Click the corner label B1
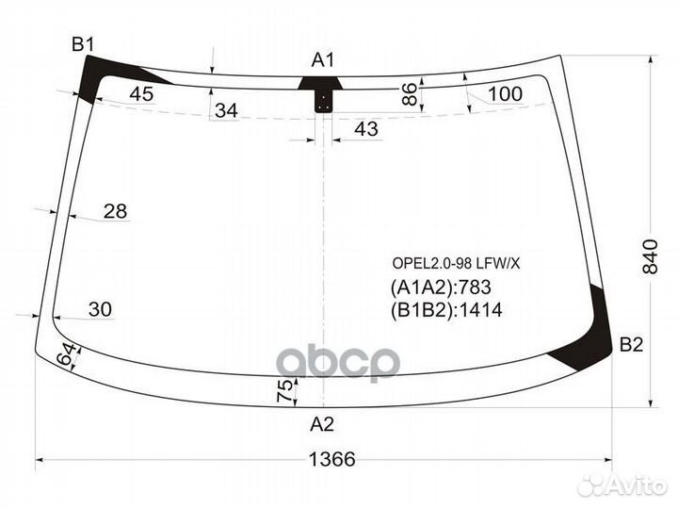click(x=83, y=43)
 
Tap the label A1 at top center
click(x=324, y=60)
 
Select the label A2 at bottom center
click(x=322, y=423)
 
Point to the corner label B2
click(x=631, y=346)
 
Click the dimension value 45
click(x=141, y=93)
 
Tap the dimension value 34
click(x=226, y=111)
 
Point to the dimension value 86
click(x=409, y=93)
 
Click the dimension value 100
click(x=505, y=93)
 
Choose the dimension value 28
click(x=115, y=211)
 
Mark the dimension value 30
click(x=100, y=309)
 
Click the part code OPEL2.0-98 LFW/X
click(x=456, y=262)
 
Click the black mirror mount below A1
click(x=323, y=94)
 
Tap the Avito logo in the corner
click(x=622, y=485)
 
